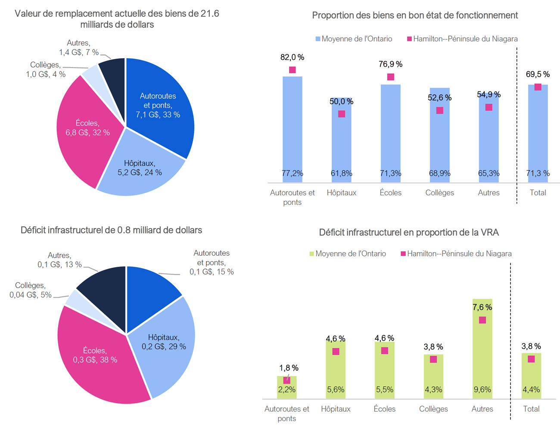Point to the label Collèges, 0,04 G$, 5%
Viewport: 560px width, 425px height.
(31, 290)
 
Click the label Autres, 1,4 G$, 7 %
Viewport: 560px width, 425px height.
(79, 48)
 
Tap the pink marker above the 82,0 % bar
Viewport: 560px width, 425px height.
(292, 70)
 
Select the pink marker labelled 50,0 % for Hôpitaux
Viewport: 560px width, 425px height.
(342, 114)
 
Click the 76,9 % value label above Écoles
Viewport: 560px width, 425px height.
(390, 64)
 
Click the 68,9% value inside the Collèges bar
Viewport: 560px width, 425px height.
(439, 173)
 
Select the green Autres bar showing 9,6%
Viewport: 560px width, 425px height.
(482, 353)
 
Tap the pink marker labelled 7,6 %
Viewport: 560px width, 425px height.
(482, 320)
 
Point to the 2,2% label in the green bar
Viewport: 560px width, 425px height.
(286, 390)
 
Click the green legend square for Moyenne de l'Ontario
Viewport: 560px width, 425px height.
(312, 254)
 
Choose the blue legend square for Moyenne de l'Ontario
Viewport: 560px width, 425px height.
(318, 39)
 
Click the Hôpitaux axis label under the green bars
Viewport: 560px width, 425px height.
(336, 409)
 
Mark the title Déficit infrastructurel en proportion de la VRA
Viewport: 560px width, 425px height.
(409, 233)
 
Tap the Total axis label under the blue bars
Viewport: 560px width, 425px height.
(538, 193)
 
